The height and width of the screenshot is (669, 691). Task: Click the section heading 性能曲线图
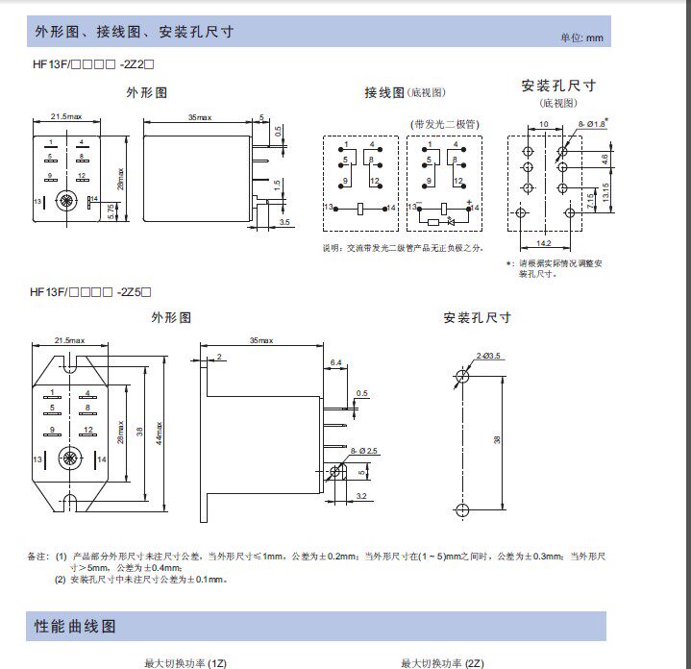[x=76, y=626]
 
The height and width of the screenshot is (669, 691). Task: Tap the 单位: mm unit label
[x=581, y=37]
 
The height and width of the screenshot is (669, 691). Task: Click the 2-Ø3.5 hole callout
[x=488, y=357]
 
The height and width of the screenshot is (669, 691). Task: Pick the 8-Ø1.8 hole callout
[x=593, y=124]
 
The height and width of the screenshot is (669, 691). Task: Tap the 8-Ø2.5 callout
[x=366, y=451]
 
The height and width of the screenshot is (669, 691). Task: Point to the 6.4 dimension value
[x=336, y=362]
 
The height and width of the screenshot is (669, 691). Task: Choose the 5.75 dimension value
[x=111, y=210]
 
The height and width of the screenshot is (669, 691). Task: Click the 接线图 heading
[x=384, y=92]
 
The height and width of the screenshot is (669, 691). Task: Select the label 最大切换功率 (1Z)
[x=185, y=662]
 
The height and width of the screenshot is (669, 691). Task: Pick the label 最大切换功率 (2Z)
[x=443, y=662]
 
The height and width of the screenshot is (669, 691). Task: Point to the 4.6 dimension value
[x=604, y=159]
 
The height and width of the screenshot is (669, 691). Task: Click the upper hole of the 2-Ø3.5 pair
[x=462, y=376]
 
